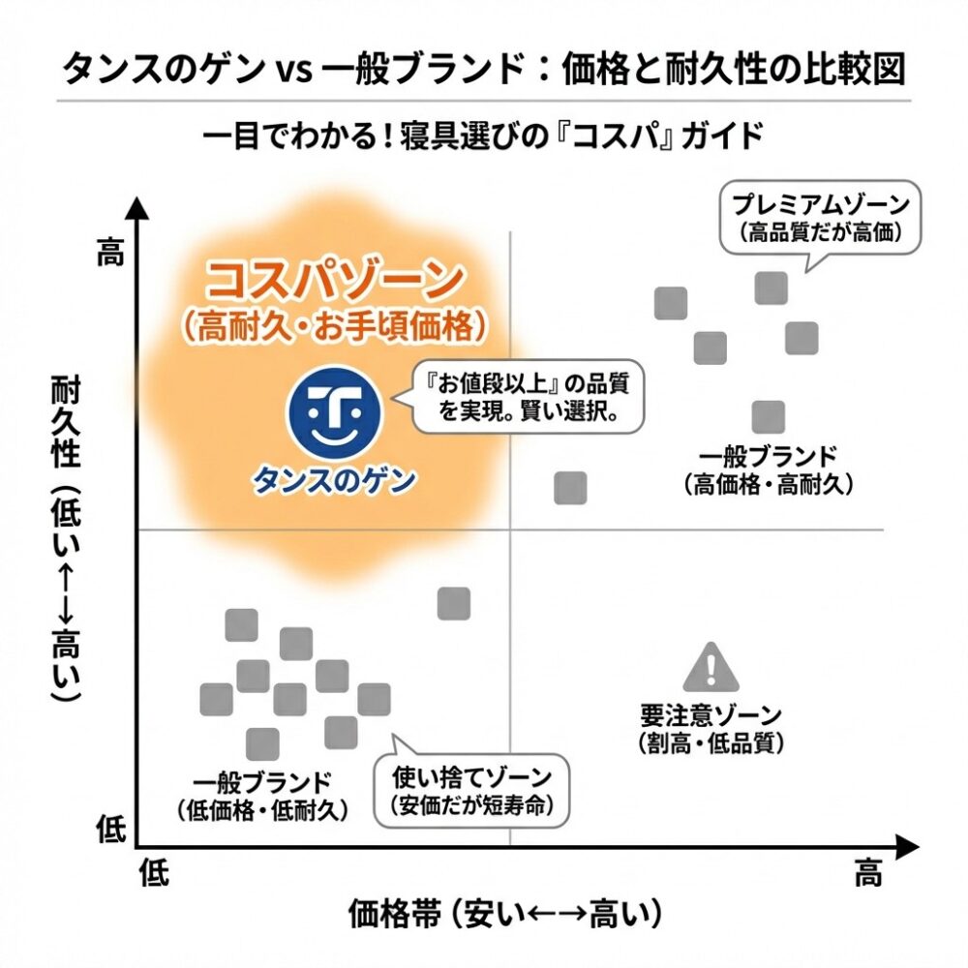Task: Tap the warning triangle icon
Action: (x=711, y=667)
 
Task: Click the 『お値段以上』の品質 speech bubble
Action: (x=528, y=398)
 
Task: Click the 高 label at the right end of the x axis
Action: (x=867, y=876)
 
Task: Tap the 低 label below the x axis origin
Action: (x=154, y=876)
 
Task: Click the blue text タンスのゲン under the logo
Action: (x=334, y=479)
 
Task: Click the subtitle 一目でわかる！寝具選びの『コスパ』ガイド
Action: (x=483, y=135)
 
